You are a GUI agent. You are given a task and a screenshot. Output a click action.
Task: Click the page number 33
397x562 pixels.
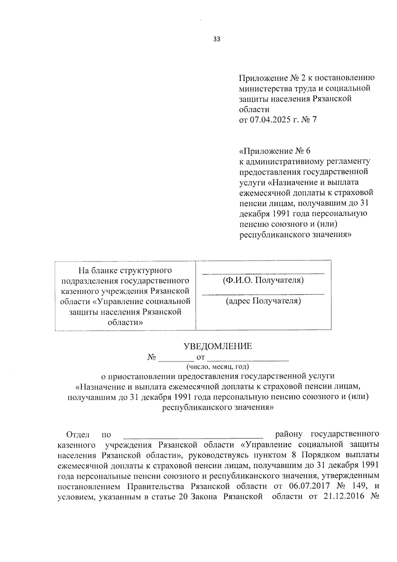tap(217, 39)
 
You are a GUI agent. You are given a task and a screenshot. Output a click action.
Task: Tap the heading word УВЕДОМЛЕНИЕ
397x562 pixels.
tap(218, 346)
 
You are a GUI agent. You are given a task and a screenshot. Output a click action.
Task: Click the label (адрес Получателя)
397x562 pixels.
tap(263, 301)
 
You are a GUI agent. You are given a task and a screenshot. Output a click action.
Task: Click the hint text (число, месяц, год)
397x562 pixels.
tap(217, 367)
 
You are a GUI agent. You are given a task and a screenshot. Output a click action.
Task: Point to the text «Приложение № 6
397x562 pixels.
tap(275, 151)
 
